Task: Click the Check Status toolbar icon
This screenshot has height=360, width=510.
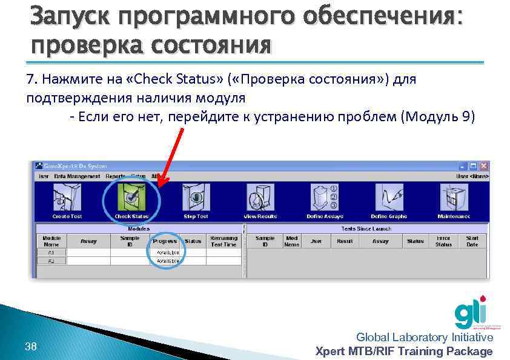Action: [131, 198]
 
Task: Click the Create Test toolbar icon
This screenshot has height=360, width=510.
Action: [67, 198]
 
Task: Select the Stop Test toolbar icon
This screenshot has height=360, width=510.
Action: [196, 198]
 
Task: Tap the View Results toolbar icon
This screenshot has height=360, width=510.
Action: [260, 198]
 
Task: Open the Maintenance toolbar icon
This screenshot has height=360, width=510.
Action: [454, 198]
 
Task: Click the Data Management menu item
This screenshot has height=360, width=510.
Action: [77, 176]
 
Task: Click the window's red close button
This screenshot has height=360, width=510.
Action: [483, 166]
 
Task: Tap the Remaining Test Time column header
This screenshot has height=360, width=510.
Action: [224, 241]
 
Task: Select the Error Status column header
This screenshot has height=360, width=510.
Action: [443, 241]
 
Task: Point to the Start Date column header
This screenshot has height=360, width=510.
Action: [472, 241]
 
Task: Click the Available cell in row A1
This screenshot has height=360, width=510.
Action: [168, 252]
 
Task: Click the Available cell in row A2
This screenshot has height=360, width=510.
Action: [168, 261]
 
